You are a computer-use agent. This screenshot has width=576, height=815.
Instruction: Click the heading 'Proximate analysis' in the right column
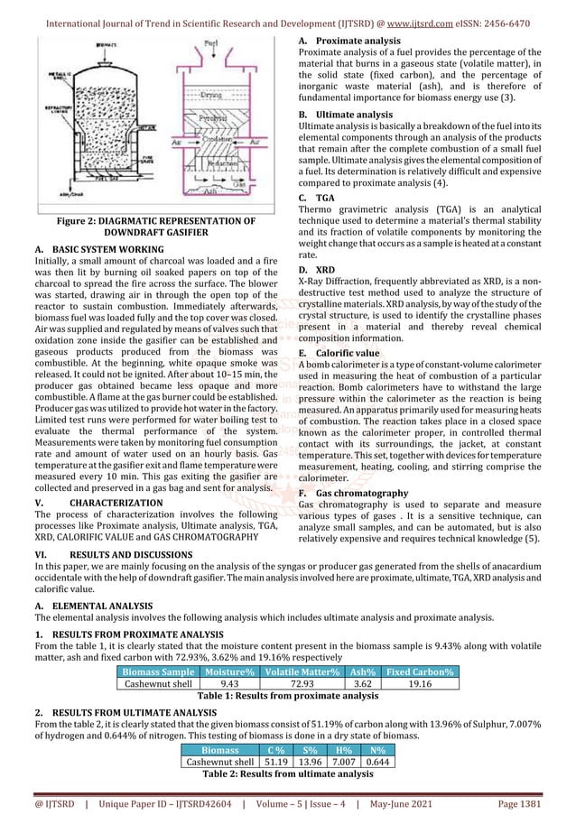click(355, 41)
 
